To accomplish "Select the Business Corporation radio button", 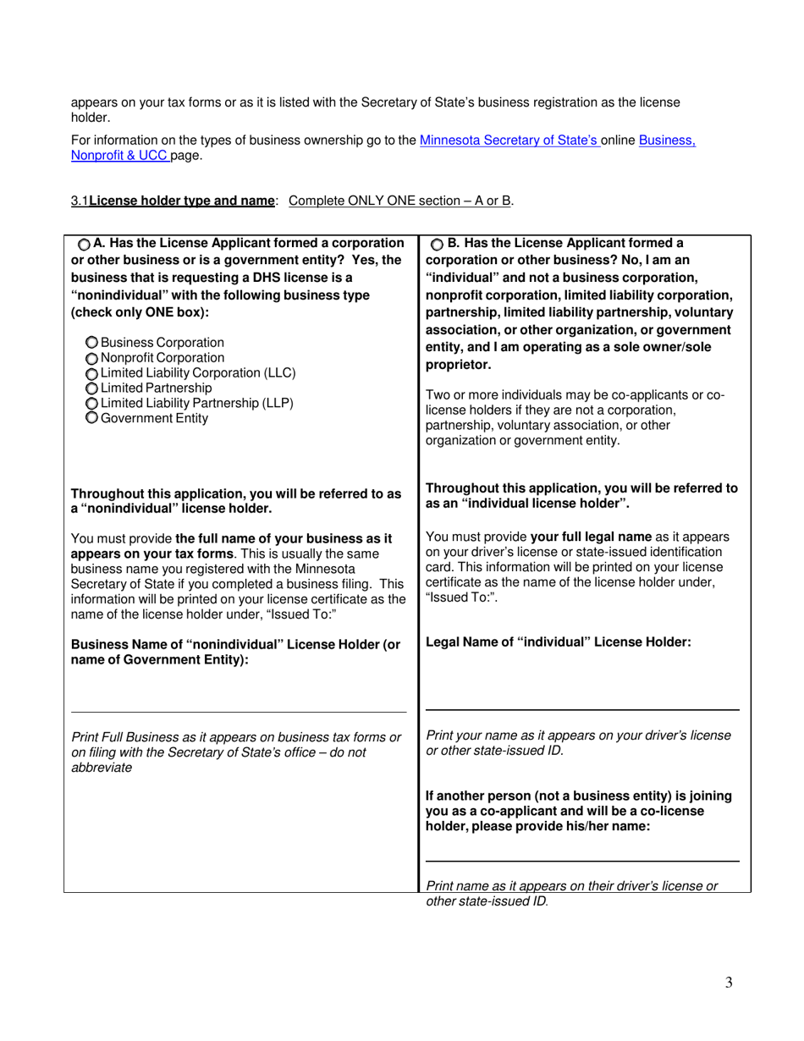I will [92, 343].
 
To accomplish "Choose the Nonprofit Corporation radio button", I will [92, 358].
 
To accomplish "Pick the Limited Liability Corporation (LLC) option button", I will [92, 373].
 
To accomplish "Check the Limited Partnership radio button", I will [92, 388].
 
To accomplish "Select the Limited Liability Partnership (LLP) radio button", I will [92, 404].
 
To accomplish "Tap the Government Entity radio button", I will [92, 418].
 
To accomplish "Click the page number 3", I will [729, 983].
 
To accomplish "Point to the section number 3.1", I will [80, 201].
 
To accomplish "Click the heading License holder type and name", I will [182, 201].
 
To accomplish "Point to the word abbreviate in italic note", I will [102, 768].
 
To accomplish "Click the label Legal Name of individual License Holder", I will [559, 642].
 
